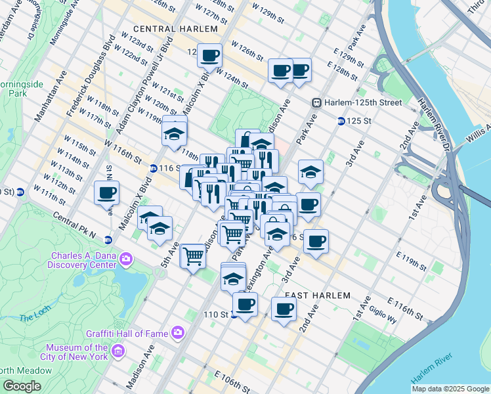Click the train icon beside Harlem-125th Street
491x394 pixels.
(x=316, y=103)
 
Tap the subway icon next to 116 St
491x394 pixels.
(x=152, y=169)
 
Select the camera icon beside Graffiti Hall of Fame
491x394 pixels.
(x=178, y=333)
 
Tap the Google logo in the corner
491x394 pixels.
(x=21, y=386)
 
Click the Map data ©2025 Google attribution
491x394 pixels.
(x=450, y=389)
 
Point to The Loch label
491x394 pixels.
(x=31, y=318)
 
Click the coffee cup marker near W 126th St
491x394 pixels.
(x=210, y=56)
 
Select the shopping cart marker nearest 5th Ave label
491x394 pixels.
(x=193, y=255)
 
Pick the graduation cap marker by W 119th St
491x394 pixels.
(x=174, y=133)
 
